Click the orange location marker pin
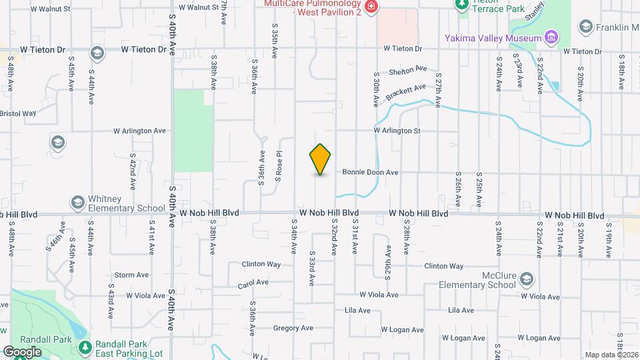coord(321,159)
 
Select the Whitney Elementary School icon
coord(77,202)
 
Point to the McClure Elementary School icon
coord(527,279)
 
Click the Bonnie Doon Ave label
coord(370,172)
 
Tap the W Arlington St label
coord(397,131)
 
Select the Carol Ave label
coord(253,285)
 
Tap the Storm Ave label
coord(131,275)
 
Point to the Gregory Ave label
coord(289,328)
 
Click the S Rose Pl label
coord(279,167)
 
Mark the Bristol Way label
coord(17,113)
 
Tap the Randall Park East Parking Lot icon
coord(85,347)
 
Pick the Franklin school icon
coord(585,27)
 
